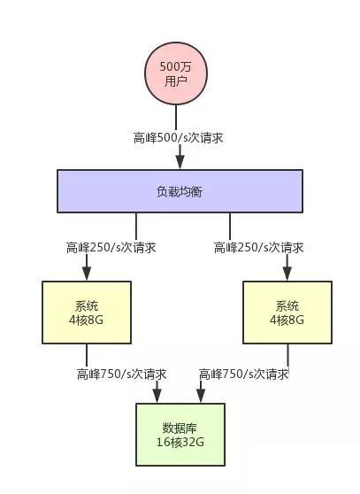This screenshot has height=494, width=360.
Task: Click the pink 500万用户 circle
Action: [x=176, y=73]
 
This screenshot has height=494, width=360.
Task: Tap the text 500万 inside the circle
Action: [x=176, y=66]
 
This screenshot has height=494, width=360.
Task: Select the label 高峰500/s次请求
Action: [x=178, y=138]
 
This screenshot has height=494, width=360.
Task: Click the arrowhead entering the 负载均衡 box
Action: [x=180, y=161]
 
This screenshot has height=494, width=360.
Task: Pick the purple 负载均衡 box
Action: [x=180, y=191]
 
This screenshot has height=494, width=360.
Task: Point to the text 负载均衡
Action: [x=180, y=191]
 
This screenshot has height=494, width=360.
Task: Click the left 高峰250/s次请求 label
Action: [x=111, y=247]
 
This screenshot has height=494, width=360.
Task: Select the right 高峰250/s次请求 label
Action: [x=258, y=247]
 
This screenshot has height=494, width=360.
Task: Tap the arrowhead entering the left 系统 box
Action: [x=87, y=273]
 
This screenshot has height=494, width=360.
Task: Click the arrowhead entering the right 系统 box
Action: [x=287, y=273]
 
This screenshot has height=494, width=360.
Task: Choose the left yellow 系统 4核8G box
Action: [x=87, y=313]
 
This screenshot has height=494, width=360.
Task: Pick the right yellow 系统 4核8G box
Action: [x=287, y=313]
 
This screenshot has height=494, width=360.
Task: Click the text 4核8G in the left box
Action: [x=86, y=320]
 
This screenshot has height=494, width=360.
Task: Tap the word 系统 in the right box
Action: [x=287, y=306]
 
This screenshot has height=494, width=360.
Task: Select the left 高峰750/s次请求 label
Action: [x=121, y=374]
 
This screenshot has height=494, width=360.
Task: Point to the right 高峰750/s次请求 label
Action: [x=243, y=374]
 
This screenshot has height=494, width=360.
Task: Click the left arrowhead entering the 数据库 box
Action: [x=157, y=396]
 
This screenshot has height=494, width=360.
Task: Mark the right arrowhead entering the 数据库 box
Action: [x=201, y=396]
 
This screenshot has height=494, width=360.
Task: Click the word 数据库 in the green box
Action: [x=180, y=428]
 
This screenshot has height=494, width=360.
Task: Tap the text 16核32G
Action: [x=180, y=442]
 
